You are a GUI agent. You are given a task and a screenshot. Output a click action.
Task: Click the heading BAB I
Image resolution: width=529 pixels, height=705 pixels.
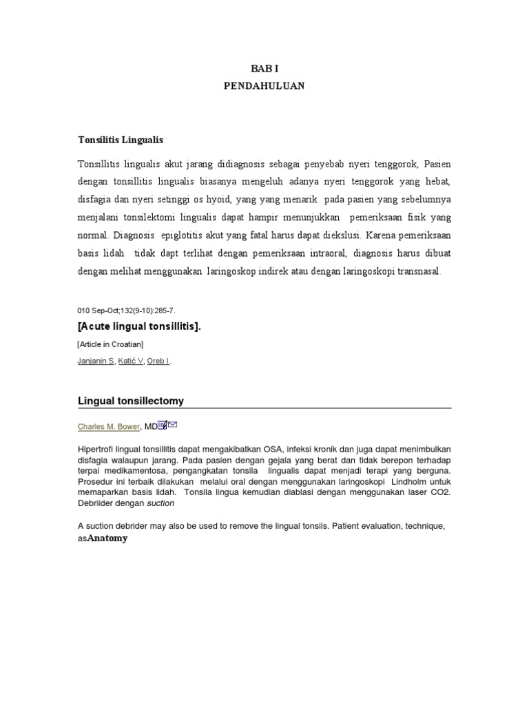(x=264, y=69)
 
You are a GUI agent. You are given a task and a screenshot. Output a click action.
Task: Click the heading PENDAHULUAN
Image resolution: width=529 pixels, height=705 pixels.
(x=264, y=86)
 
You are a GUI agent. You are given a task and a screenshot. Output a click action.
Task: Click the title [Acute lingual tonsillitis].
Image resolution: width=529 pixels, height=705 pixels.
(x=140, y=326)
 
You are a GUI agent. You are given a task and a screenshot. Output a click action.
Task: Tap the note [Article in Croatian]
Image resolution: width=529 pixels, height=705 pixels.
(x=110, y=344)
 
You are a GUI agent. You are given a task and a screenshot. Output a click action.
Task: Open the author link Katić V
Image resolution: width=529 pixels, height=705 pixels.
(x=130, y=360)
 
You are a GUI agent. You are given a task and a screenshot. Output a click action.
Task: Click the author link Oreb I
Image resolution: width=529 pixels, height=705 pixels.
(x=158, y=360)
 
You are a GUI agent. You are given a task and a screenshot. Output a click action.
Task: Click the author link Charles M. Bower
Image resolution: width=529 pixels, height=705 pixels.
(x=109, y=427)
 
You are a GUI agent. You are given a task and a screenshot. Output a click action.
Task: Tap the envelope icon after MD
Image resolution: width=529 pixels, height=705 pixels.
(x=172, y=425)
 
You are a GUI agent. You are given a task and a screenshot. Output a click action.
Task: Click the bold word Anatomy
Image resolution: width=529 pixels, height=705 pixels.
(x=107, y=538)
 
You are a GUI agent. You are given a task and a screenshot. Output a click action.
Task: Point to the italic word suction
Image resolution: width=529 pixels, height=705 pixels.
(x=160, y=503)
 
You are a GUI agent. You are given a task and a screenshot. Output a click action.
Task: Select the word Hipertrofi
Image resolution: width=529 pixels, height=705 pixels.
(x=95, y=450)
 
